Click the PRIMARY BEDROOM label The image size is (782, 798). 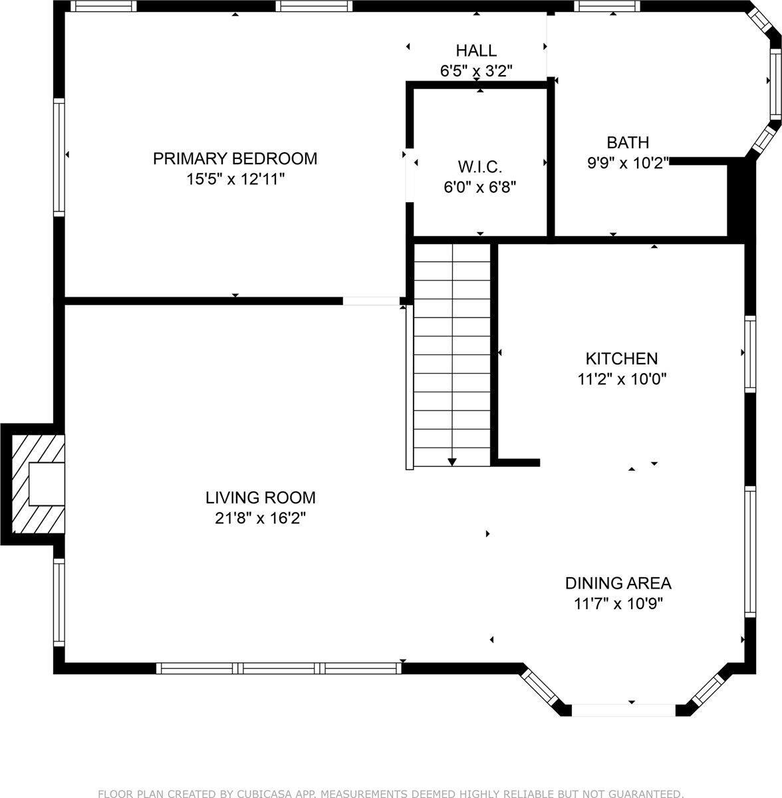(x=235, y=158)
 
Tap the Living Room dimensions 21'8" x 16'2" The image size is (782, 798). (x=260, y=518)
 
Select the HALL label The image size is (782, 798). (x=476, y=50)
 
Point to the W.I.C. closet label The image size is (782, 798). (x=479, y=166)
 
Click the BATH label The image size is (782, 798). (x=627, y=142)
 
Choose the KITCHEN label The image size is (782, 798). (x=621, y=358)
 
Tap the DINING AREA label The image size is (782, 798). (x=618, y=583)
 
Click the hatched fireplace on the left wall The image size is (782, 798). (x=37, y=482)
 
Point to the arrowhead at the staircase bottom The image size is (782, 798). (x=452, y=461)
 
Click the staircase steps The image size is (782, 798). (x=452, y=352)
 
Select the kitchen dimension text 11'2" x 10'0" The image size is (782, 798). (x=621, y=379)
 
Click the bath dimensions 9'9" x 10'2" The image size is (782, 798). (x=627, y=163)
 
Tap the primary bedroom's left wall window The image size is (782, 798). (x=59, y=157)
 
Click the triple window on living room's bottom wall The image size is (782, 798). (x=279, y=668)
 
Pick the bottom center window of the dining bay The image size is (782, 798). (x=623, y=710)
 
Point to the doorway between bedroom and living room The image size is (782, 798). (x=370, y=301)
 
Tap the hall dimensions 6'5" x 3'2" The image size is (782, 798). (x=476, y=70)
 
